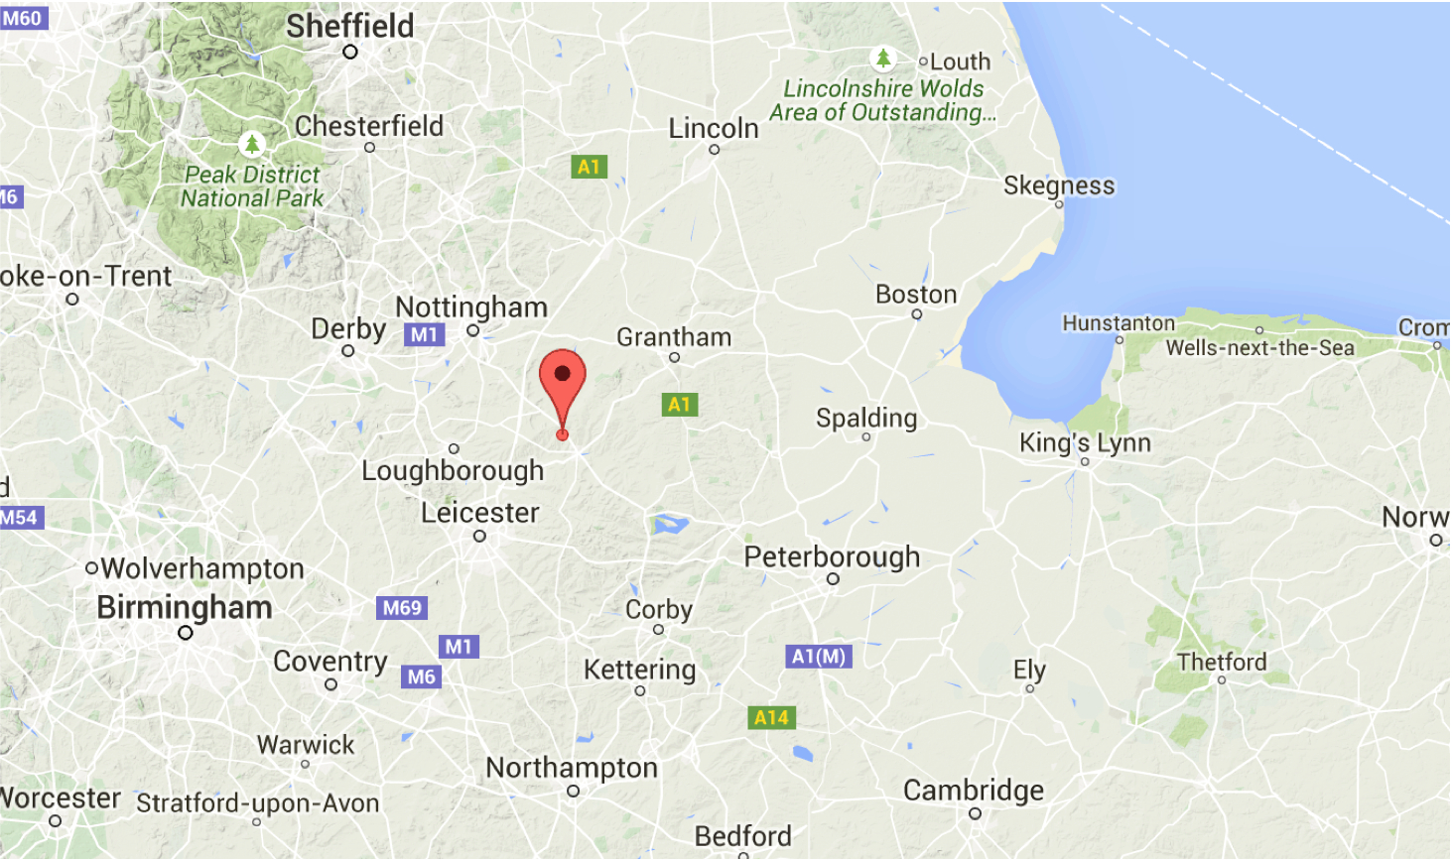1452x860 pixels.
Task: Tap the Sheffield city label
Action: click(x=349, y=26)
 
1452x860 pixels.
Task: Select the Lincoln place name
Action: click(x=713, y=128)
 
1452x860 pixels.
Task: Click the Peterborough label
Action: click(x=832, y=556)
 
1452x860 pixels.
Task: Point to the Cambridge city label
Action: click(x=973, y=790)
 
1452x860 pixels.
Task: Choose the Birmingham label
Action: click(x=185, y=607)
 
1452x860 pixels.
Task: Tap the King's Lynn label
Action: click(x=1085, y=442)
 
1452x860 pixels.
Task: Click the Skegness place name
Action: click(x=1058, y=185)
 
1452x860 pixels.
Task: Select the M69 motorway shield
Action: click(x=402, y=608)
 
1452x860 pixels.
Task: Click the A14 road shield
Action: click(x=771, y=717)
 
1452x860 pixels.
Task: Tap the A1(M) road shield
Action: click(x=819, y=656)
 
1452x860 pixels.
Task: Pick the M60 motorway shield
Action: click(x=23, y=18)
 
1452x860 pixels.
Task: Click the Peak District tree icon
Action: click(x=252, y=144)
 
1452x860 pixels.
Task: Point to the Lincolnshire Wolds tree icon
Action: click(x=882, y=59)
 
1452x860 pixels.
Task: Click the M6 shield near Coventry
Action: click(x=421, y=676)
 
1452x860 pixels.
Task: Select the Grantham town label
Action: click(x=674, y=337)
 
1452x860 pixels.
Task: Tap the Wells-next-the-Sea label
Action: click(x=1259, y=348)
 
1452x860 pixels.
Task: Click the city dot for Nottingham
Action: click(x=472, y=331)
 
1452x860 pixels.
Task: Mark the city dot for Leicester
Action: click(x=479, y=537)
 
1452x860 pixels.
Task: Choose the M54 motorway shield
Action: click(x=19, y=517)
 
